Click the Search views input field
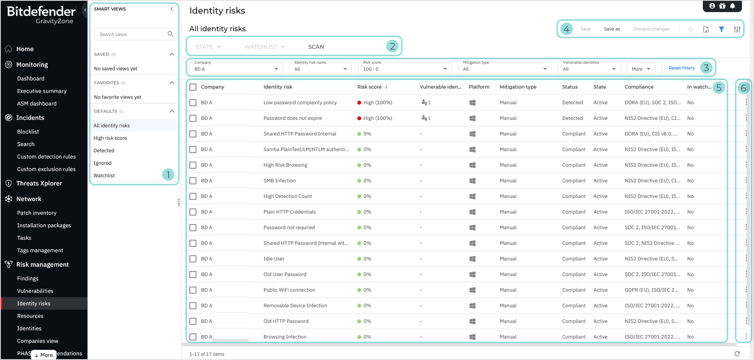pyautogui.click(x=131, y=34)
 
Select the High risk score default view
pyautogui.click(x=110, y=138)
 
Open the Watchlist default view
pyautogui.click(x=104, y=176)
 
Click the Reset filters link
pyautogui.click(x=681, y=68)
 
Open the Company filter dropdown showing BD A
pyautogui.click(x=236, y=69)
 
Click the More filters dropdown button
pyautogui.click(x=640, y=69)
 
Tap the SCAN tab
pyautogui.click(x=316, y=47)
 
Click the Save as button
pyautogui.click(x=611, y=29)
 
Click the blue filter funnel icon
pyautogui.click(x=721, y=29)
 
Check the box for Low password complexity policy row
pyautogui.click(x=193, y=103)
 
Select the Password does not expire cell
pyautogui.click(x=292, y=118)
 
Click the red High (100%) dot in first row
pyautogui.click(x=359, y=103)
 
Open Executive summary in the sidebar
pyautogui.click(x=42, y=91)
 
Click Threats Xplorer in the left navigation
pyautogui.click(x=39, y=184)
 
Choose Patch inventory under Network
pyautogui.click(x=37, y=213)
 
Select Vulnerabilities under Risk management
pyautogui.click(x=35, y=291)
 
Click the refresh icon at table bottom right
pyautogui.click(x=737, y=354)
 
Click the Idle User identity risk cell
pyautogui.click(x=274, y=259)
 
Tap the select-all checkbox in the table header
pyautogui.click(x=193, y=87)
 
